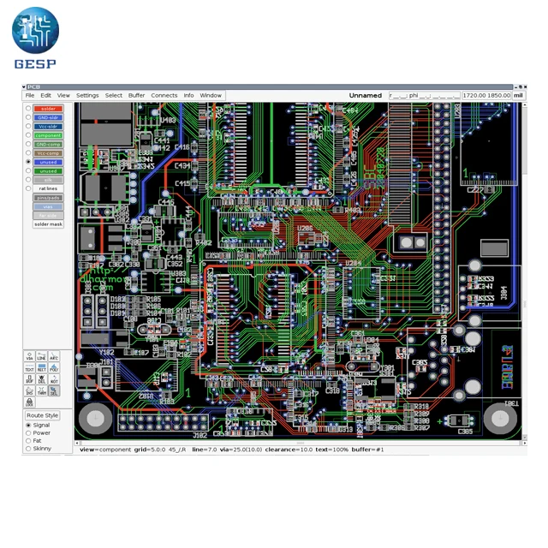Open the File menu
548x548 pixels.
click(x=30, y=95)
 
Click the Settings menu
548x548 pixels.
click(x=87, y=95)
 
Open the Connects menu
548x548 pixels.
click(x=164, y=95)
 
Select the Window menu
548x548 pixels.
click(x=211, y=95)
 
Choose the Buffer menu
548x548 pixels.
click(x=136, y=95)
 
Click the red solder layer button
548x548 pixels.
click(x=48, y=109)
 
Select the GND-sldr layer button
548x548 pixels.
click(x=48, y=117)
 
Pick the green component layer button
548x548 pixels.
click(x=48, y=135)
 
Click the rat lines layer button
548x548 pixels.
click(x=48, y=188)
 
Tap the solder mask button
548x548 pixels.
click(x=48, y=224)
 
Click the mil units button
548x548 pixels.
click(x=518, y=96)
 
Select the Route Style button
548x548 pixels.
click(x=42, y=415)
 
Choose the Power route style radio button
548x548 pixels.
click(x=29, y=433)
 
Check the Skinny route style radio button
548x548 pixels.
click(x=29, y=449)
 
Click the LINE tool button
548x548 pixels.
click(x=41, y=356)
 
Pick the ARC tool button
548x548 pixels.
click(x=53, y=356)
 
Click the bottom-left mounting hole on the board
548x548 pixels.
click(x=95, y=419)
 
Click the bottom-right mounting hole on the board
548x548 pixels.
click(x=499, y=419)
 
